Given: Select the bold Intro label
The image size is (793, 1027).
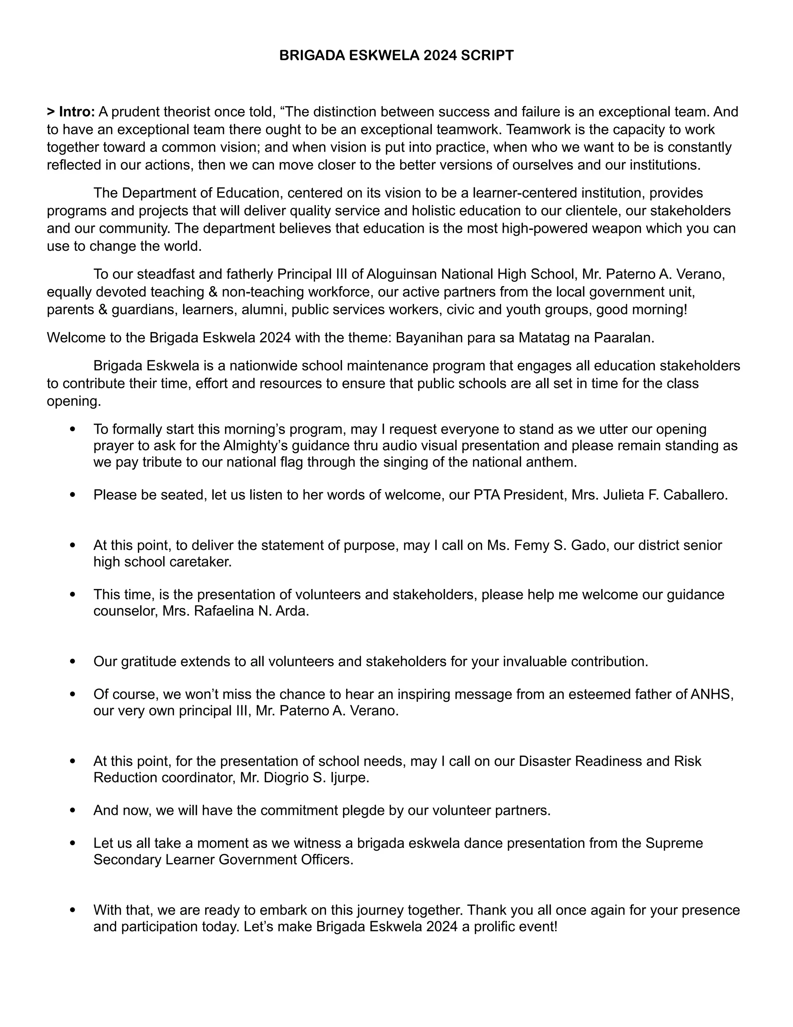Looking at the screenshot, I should pyautogui.click(x=77, y=112).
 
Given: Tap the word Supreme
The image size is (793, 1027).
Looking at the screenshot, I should pyautogui.click(x=674, y=843).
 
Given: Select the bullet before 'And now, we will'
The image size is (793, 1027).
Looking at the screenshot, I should pyautogui.click(x=72, y=811).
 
